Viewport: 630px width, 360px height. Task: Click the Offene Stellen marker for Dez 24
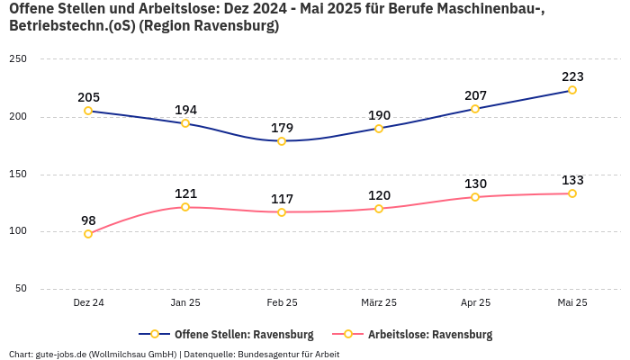coord(88,111)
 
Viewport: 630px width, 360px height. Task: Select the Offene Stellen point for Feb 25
coord(282,141)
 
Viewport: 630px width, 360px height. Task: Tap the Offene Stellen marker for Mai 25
coord(572,90)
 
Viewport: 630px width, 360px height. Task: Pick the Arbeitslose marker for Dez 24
coord(88,234)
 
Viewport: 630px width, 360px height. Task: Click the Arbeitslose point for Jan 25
coord(185,207)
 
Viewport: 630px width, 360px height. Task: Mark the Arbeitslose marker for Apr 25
coord(475,197)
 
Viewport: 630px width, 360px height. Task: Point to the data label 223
coord(572,76)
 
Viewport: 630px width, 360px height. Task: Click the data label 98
coord(88,220)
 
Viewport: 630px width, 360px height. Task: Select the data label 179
coord(282,128)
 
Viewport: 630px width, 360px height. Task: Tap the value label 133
coord(572,180)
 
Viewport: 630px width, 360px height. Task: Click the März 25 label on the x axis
coord(379,302)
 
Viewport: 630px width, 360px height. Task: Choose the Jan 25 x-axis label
coord(185,302)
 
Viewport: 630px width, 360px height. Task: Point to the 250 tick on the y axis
coord(18,58)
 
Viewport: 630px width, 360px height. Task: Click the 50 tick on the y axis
coord(21,289)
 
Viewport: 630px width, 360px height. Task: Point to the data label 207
coord(475,95)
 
